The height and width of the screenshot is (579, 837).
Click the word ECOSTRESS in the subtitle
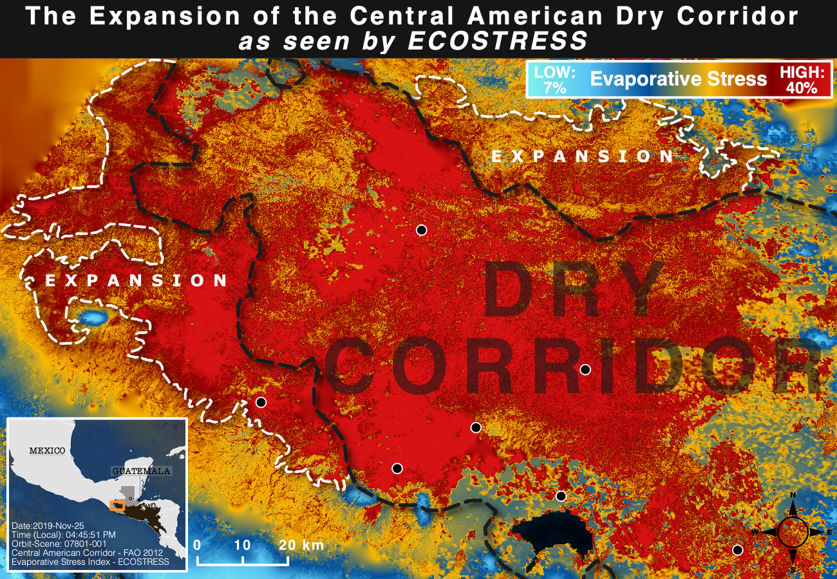pyautogui.click(x=498, y=41)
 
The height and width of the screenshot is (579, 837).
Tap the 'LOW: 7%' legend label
pyautogui.click(x=555, y=79)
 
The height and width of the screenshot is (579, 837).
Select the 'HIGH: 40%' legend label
pyautogui.click(x=801, y=80)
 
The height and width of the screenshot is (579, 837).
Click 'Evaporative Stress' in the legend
pyautogui.click(x=678, y=79)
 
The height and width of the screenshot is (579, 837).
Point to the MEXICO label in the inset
pyautogui.click(x=47, y=450)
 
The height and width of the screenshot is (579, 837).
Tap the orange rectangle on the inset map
pyautogui.click(x=117, y=506)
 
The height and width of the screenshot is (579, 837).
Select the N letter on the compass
pyautogui.click(x=793, y=495)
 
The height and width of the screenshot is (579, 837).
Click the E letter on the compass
pyautogui.click(x=830, y=532)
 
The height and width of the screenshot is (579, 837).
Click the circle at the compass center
pyautogui.click(x=793, y=532)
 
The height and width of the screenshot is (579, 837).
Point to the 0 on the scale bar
pyautogui.click(x=197, y=545)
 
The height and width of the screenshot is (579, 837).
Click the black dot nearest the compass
pyautogui.click(x=738, y=549)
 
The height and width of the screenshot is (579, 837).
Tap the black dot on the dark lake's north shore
pyautogui.click(x=561, y=495)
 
